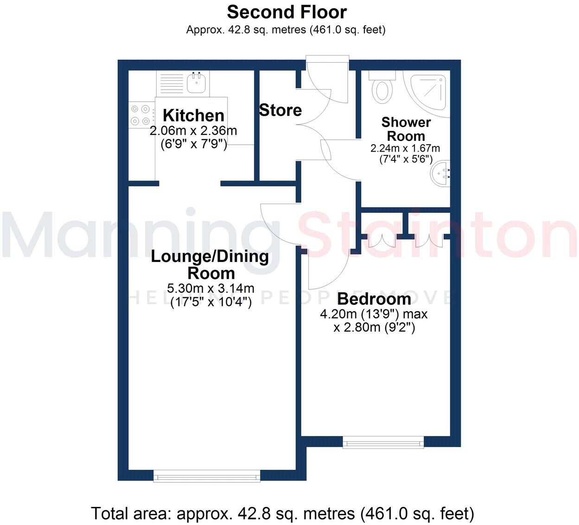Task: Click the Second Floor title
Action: [x=286, y=12]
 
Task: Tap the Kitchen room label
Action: [x=193, y=115]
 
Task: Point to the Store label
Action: [x=280, y=110]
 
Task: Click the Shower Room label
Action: [x=406, y=129]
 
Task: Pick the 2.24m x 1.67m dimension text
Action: [x=405, y=149]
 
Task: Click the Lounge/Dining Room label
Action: [x=210, y=264]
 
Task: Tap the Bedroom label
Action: [x=374, y=299]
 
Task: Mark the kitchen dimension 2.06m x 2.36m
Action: [x=193, y=131]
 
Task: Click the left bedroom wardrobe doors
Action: [x=382, y=240]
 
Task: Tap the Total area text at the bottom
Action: [x=282, y=513]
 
